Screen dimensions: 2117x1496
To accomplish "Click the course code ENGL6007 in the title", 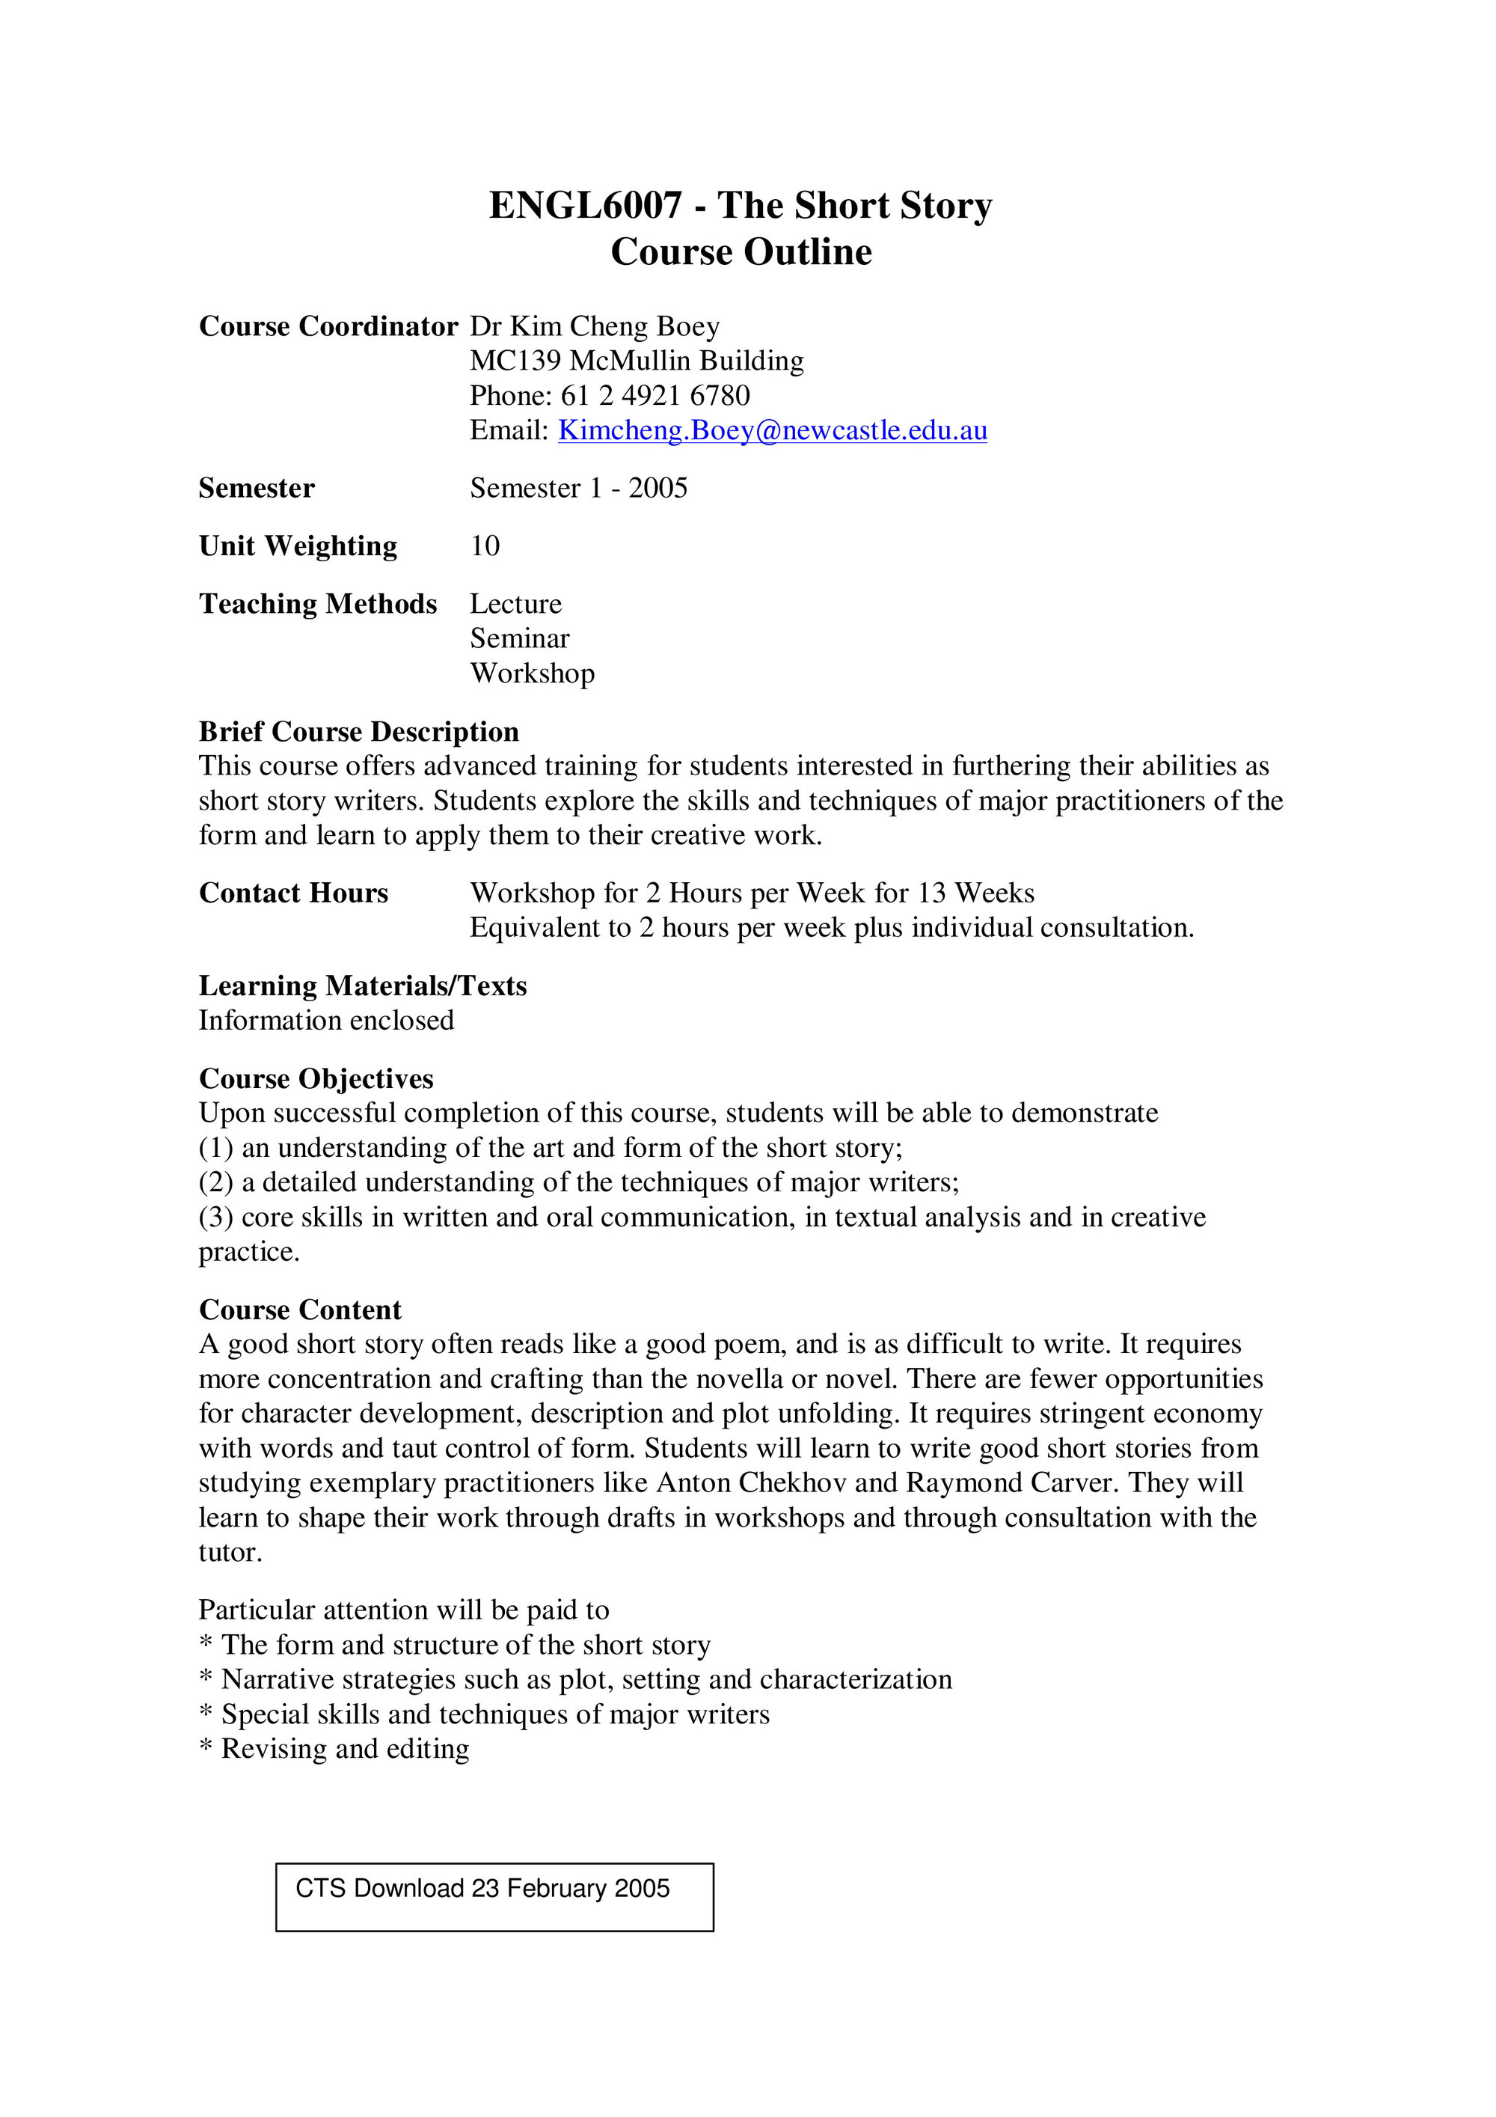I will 586,206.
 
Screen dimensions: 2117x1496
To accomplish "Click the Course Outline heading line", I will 741,251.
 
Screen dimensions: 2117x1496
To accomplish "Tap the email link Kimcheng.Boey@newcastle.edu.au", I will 773,430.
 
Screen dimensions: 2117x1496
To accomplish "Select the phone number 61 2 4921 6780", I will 654,396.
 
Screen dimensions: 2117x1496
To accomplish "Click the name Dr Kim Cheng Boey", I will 595,326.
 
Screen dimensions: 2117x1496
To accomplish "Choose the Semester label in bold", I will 257,488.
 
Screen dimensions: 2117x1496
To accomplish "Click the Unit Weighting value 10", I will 485,546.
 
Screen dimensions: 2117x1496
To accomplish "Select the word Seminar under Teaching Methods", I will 520,638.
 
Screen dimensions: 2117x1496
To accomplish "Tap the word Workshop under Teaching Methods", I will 533,673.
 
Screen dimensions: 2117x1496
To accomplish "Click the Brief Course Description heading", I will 358,731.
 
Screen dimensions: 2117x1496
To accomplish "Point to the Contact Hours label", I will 293,893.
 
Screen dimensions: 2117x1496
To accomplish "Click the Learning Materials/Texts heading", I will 362,986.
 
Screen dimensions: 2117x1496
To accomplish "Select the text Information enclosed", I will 326,1021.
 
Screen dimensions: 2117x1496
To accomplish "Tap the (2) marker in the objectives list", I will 215,1182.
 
